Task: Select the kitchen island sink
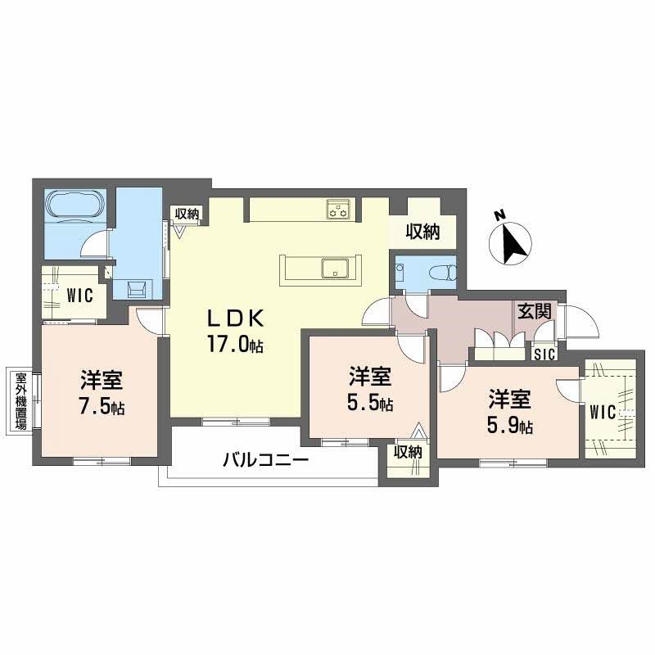point(335,268)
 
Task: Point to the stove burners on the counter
point(338,209)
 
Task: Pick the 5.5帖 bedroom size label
point(371,403)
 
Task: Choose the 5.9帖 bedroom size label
point(511,425)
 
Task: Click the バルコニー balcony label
point(265,460)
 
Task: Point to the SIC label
point(544,354)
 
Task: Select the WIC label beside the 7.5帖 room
point(80,294)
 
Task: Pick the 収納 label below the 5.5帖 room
point(407,451)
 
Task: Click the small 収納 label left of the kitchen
point(187,213)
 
